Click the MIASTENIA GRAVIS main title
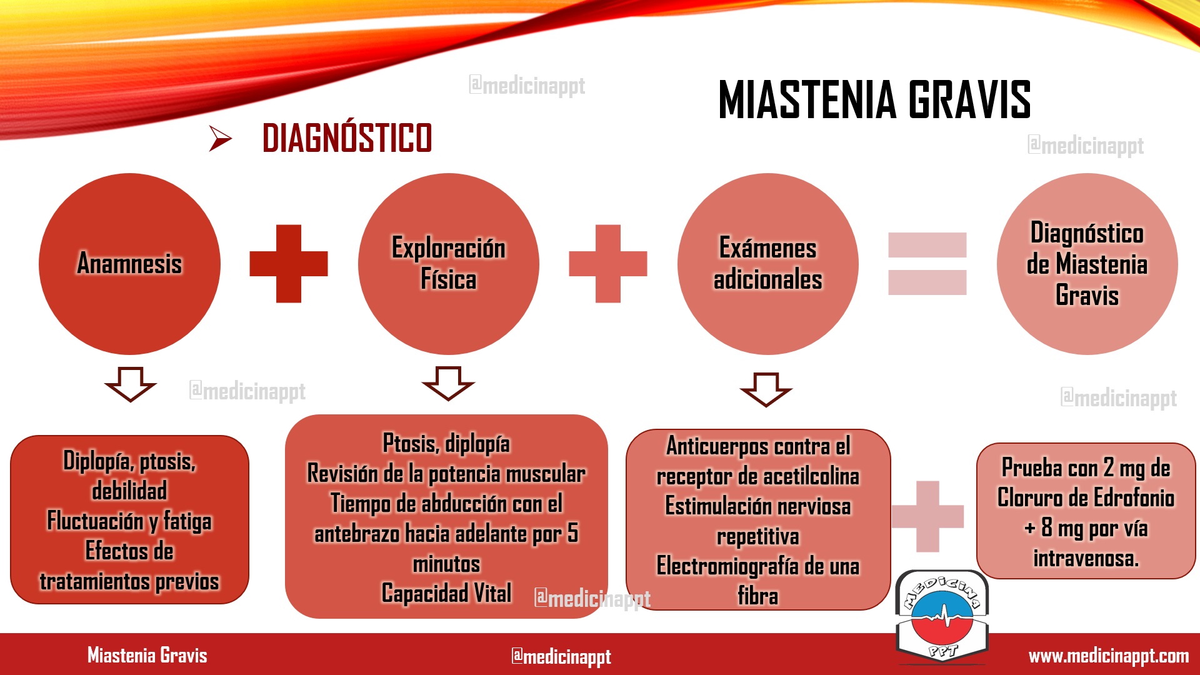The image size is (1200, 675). pos(874,99)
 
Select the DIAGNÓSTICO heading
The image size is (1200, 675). pos(347,137)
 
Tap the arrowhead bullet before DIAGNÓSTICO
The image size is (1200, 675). pos(220,138)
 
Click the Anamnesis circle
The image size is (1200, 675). pos(129,264)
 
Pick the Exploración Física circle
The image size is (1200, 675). pos(449,264)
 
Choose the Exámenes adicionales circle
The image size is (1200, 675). pos(768,264)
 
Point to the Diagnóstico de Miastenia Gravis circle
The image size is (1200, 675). pos(1087,264)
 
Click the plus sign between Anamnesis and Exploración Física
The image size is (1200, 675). pos(289,264)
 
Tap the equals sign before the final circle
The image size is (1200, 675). pos(927,264)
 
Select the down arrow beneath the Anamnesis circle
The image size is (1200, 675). pos(130,384)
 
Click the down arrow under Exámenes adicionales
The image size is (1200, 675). pos(766,389)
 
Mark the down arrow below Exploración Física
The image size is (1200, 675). pos(448,383)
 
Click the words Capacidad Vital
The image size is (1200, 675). pos(446,593)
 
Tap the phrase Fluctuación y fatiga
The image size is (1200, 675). pos(129,521)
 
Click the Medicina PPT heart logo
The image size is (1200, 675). pos(942,616)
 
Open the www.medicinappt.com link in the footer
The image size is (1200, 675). pos(1109,656)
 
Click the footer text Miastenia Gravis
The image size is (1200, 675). pos(147,655)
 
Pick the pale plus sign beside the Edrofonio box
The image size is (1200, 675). pos(927,516)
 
